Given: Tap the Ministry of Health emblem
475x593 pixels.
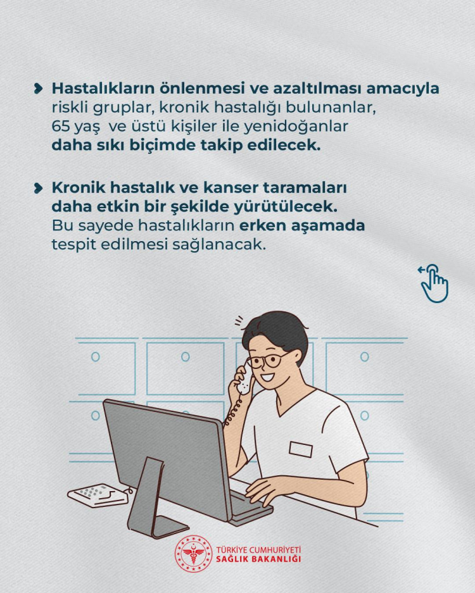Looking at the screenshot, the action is click(193, 554).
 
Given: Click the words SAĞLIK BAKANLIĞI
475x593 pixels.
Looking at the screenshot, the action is click(258, 559).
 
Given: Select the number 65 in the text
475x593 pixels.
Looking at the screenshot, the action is click(61, 127).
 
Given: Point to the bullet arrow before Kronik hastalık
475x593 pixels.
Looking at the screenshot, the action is click(38, 188).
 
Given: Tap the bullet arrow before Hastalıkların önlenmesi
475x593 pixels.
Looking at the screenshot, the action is click(38, 89).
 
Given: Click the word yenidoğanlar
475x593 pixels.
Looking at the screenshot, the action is click(296, 127).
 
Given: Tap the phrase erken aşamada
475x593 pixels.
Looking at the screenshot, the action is click(302, 226).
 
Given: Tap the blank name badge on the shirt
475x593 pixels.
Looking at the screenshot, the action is click(301, 449).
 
